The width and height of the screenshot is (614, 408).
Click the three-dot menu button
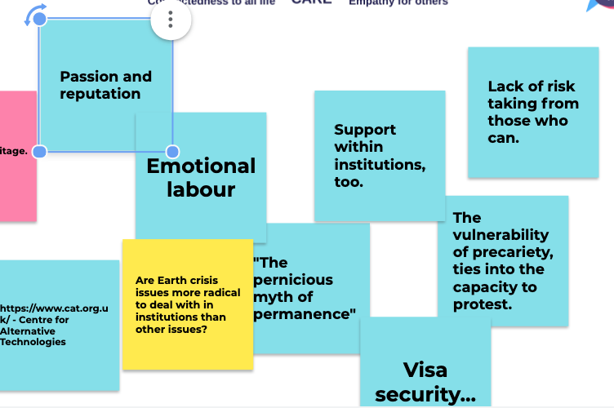click(x=171, y=20)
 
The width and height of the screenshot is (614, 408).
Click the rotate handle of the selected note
click(x=35, y=15)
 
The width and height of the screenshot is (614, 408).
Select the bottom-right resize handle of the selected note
click(x=172, y=152)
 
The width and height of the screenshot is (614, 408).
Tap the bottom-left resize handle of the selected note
click(x=40, y=151)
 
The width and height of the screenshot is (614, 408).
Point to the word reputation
click(x=100, y=94)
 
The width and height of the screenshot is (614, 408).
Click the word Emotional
click(x=201, y=166)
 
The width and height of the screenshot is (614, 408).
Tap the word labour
click(x=201, y=190)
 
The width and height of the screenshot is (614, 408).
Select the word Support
click(x=365, y=130)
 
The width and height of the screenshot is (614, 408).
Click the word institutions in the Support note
click(x=379, y=165)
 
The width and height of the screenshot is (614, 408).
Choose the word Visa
click(x=425, y=370)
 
